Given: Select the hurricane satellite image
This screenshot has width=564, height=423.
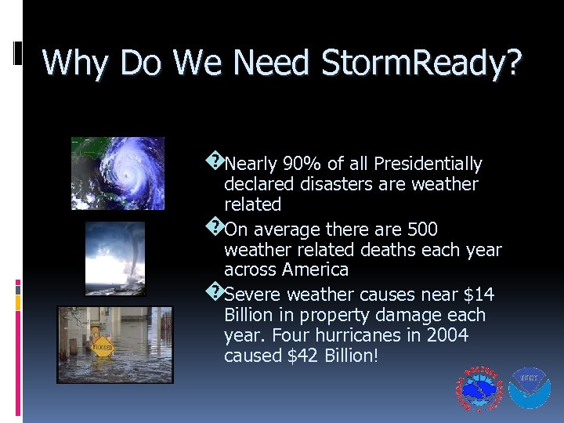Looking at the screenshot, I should tap(117, 173).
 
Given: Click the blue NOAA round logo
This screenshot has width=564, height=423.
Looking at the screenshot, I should tap(530, 389).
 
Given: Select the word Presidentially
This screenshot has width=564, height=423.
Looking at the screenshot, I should tap(428, 164).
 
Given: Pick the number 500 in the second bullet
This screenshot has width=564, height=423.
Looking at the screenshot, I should tap(423, 230).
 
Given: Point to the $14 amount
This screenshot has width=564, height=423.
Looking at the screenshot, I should tap(479, 295).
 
